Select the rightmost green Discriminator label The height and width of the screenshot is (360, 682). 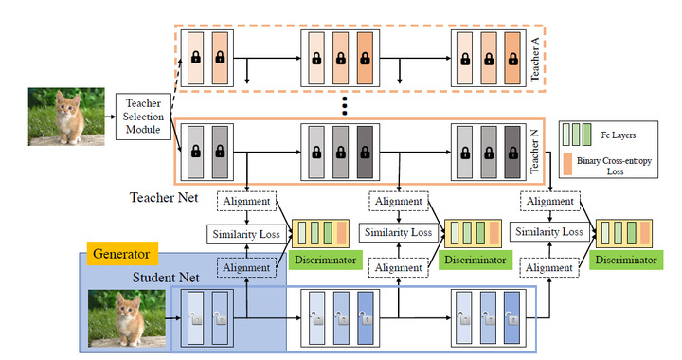pyautogui.click(x=623, y=258)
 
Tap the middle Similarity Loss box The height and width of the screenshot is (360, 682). pyautogui.click(x=400, y=232)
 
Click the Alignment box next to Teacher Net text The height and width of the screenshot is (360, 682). pyautogui.click(x=246, y=201)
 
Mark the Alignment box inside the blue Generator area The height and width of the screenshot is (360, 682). pyautogui.click(x=246, y=268)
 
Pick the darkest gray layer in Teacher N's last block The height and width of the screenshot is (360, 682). pyautogui.click(x=509, y=151)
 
